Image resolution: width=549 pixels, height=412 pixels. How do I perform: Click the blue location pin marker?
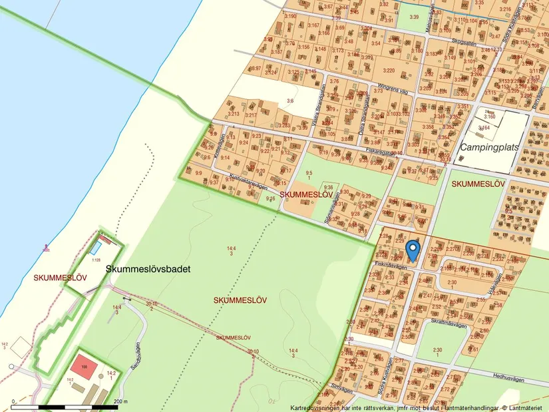[x=413, y=250]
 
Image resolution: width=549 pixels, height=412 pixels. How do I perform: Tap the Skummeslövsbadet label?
[x=148, y=270]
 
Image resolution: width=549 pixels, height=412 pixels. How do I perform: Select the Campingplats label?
[x=488, y=146]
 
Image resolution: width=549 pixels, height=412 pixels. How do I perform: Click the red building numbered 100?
[x=84, y=367]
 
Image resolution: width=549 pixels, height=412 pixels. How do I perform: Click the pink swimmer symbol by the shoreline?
[x=45, y=248]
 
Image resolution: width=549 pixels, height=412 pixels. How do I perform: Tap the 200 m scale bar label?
[x=120, y=401]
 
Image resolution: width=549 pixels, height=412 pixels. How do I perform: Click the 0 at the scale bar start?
[x=13, y=401]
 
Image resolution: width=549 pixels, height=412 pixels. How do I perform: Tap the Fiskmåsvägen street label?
[x=391, y=264]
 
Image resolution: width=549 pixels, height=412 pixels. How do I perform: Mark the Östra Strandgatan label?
[x=363, y=106]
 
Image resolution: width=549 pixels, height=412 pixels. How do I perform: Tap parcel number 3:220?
[x=389, y=70]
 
